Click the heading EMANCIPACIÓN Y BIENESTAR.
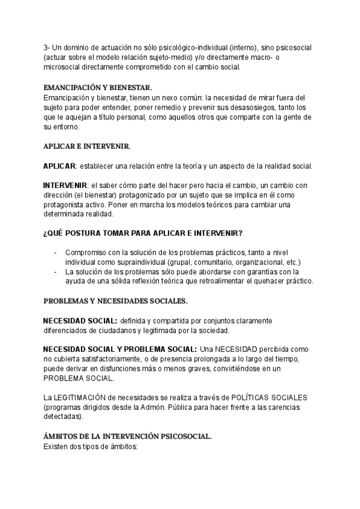pyautogui.click(x=98, y=86)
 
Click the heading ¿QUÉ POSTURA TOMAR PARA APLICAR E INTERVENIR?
pyautogui.click(x=143, y=233)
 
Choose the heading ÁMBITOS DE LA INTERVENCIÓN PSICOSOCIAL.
pyautogui.click(x=127, y=436)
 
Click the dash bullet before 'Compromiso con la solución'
pyautogui.click(x=56, y=253)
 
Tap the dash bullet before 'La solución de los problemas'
pyautogui.click(x=56, y=272)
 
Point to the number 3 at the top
pyautogui.click(x=46, y=47)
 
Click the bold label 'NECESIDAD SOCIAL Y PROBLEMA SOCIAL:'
pyautogui.click(x=120, y=349)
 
